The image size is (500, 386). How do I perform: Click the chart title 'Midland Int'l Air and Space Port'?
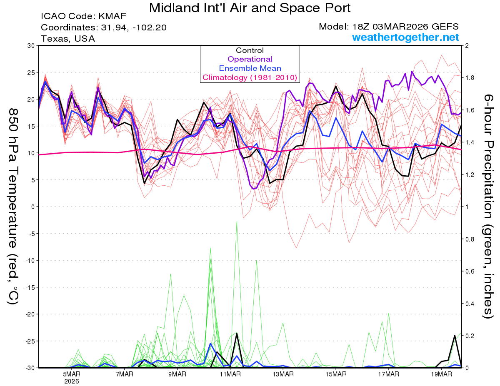pyautogui.click(x=250, y=8)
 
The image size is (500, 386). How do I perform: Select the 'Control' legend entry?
pyautogui.click(x=250, y=50)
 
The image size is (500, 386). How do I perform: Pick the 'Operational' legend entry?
pyautogui.click(x=250, y=59)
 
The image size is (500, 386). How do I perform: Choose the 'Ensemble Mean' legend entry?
pyautogui.click(x=250, y=68)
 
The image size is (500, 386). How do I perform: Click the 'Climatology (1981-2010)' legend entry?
pyautogui.click(x=250, y=77)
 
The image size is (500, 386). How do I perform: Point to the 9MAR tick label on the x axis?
pyautogui.click(x=177, y=374)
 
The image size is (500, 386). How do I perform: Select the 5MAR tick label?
pyautogui.click(x=72, y=374)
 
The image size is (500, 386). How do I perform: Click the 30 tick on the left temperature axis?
pyautogui.click(x=31, y=45)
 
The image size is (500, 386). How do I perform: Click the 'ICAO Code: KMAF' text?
pyautogui.click(x=83, y=17)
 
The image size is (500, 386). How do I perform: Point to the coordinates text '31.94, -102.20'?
pyautogui.click(x=133, y=27)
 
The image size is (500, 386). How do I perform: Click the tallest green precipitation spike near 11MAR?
pyautogui.click(x=237, y=222)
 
